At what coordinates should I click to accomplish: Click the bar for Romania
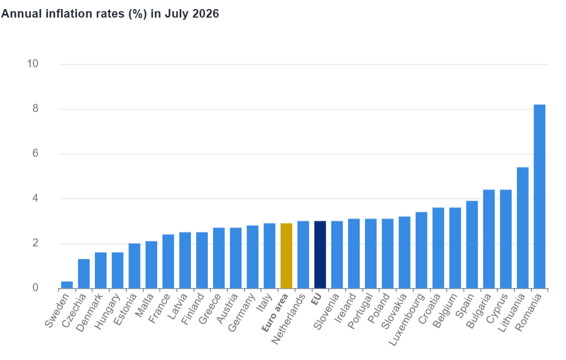point(539,197)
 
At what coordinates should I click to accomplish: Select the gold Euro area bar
point(286,256)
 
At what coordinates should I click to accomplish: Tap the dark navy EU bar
point(320,255)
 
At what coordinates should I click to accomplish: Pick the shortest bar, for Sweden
point(67,285)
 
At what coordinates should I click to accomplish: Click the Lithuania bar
point(523,228)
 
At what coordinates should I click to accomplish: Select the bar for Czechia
point(84,274)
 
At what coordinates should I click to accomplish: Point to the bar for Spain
point(472,244)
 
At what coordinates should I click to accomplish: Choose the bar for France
point(168,261)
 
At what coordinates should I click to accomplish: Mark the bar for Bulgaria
point(489,239)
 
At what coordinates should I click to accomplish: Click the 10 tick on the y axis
point(33,64)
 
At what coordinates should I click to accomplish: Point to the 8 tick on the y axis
point(35,109)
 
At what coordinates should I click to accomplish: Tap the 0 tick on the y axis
point(35,288)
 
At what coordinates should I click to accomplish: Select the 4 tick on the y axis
point(35,198)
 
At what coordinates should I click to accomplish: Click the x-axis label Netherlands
point(288,318)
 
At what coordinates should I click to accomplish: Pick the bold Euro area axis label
point(275,313)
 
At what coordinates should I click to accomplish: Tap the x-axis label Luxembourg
point(406,320)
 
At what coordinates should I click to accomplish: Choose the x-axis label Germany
point(241,313)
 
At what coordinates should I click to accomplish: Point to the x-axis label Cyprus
point(497,308)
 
